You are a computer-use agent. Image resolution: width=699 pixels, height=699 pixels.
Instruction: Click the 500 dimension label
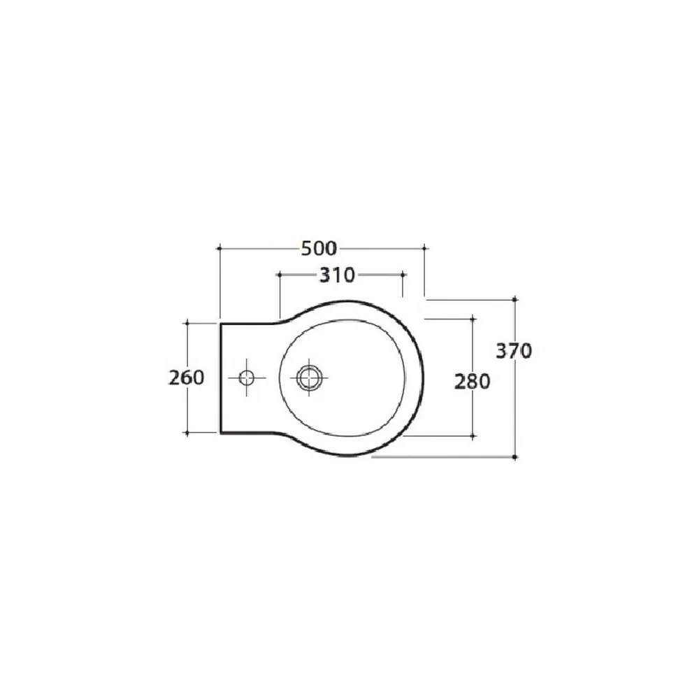click(x=319, y=249)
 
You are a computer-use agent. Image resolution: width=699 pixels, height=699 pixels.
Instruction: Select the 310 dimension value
click(x=338, y=275)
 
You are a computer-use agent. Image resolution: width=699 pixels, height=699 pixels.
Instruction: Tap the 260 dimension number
click(x=187, y=377)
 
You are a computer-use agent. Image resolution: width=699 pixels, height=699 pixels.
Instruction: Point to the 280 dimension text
click(x=472, y=382)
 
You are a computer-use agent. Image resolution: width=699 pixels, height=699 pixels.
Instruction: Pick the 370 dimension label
click(x=514, y=352)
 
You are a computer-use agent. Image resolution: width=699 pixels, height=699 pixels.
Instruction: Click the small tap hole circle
click(x=247, y=378)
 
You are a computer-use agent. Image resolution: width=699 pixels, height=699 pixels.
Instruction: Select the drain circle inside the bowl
click(x=309, y=378)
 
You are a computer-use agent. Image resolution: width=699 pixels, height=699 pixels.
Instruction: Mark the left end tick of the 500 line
click(x=219, y=248)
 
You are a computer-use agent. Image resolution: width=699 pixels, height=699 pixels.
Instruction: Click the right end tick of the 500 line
click(x=425, y=248)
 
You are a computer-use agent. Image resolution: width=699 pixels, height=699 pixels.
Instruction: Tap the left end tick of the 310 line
click(x=280, y=275)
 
